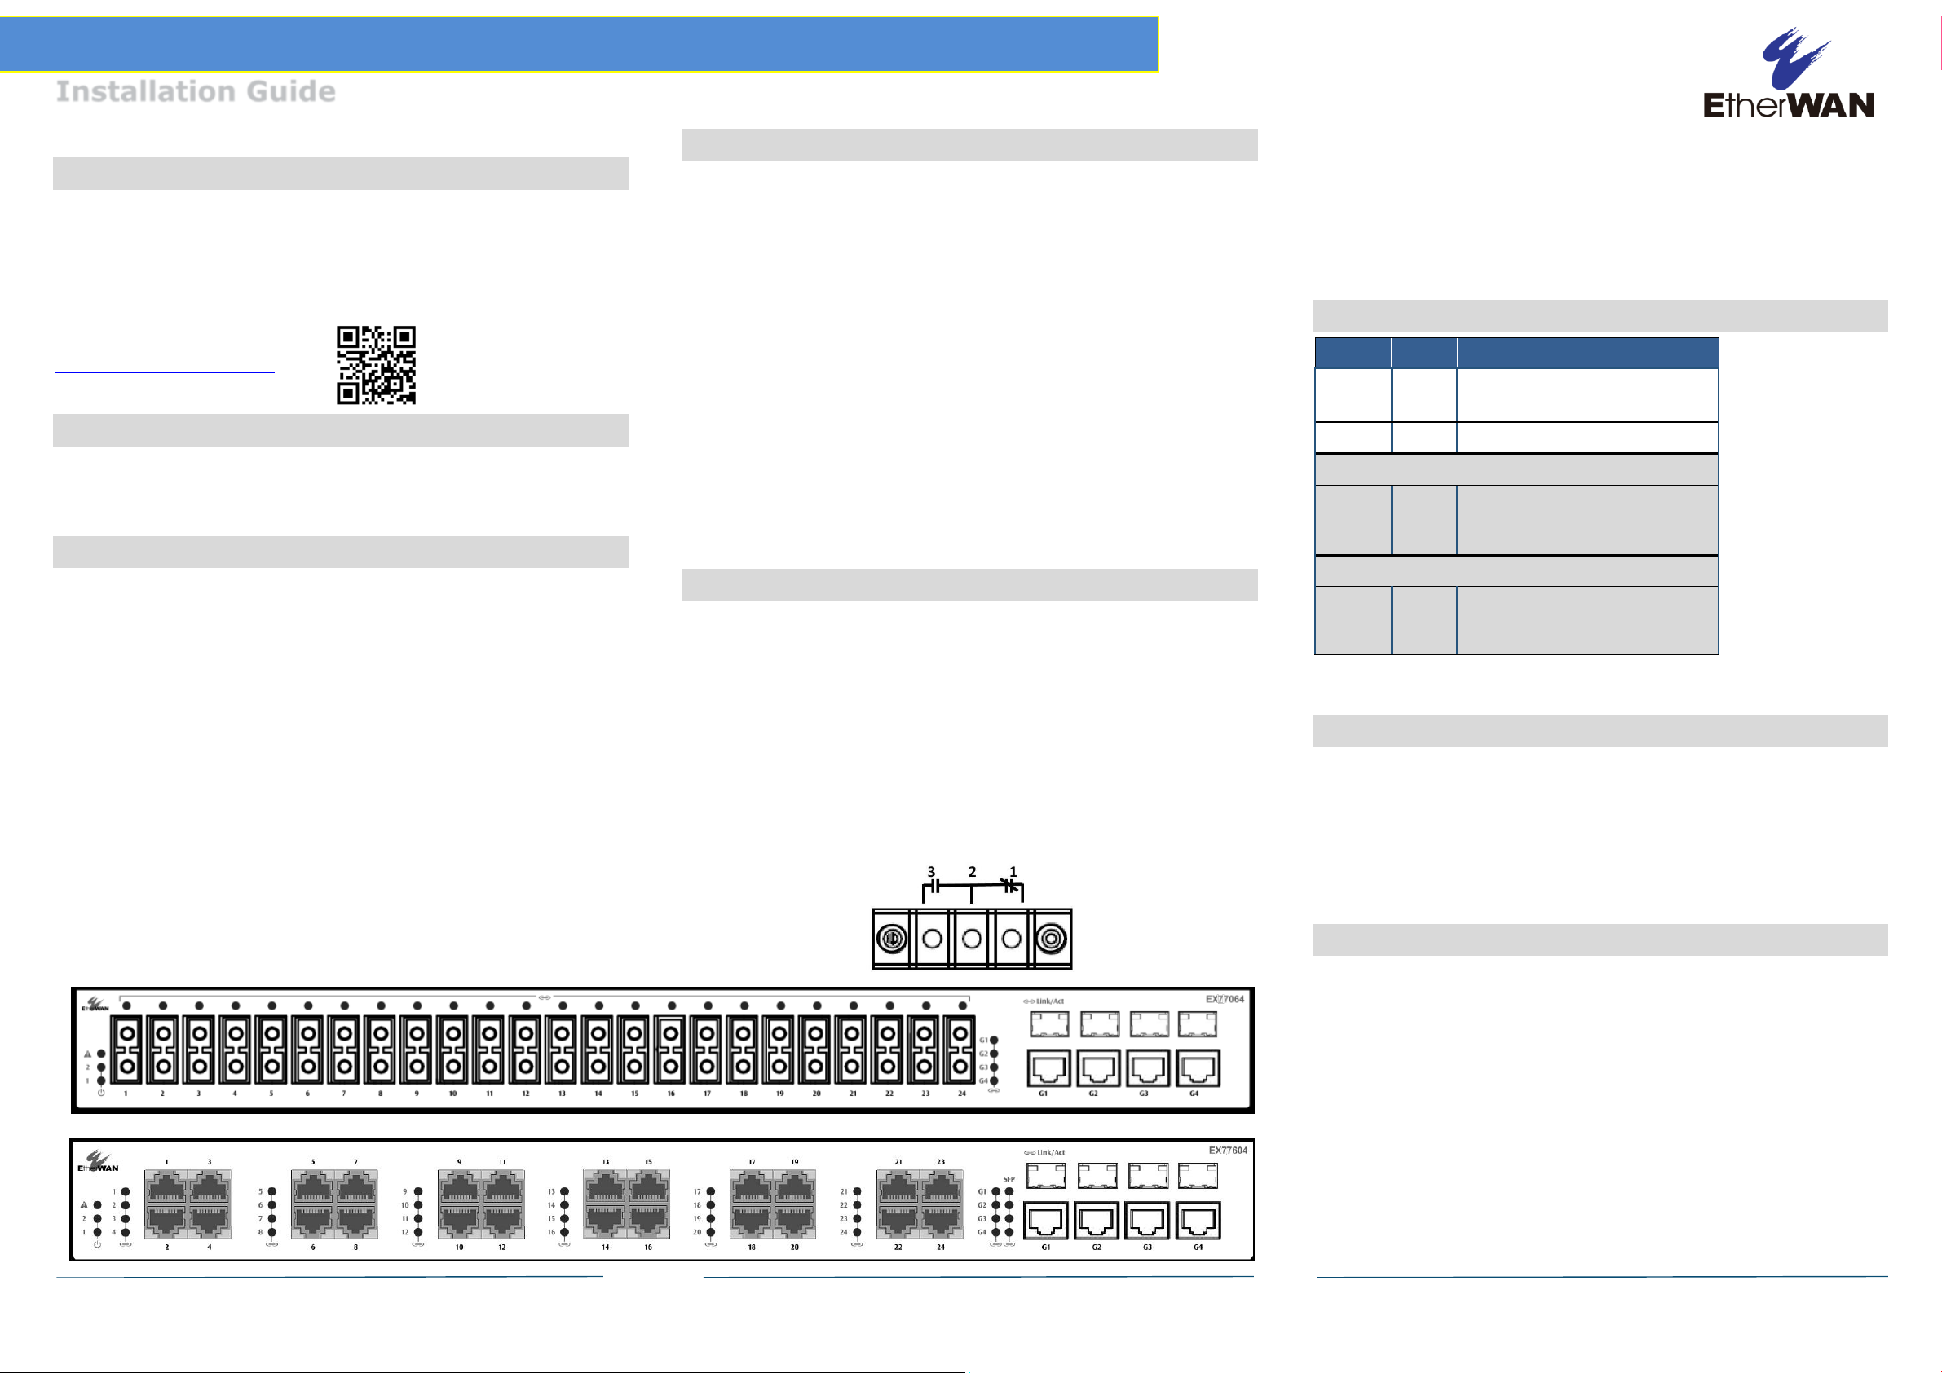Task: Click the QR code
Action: point(376,364)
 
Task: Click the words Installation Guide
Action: point(196,91)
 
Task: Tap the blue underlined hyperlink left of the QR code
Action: point(165,370)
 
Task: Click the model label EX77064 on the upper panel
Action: point(1224,999)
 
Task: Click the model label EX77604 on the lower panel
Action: point(1227,1151)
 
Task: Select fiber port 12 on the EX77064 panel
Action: point(525,1051)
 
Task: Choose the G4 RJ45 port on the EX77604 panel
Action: point(1198,1221)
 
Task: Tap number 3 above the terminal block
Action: point(931,872)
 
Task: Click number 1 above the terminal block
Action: point(1013,872)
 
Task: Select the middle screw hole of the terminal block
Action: point(972,939)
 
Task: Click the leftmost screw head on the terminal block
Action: point(891,939)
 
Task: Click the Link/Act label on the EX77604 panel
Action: point(1044,1152)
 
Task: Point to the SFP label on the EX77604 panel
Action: point(1009,1178)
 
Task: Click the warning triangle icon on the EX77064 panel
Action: point(87,1054)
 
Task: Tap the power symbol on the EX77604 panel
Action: point(97,1244)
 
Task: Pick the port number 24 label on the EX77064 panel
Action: point(962,1094)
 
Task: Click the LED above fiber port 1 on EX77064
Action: point(127,1006)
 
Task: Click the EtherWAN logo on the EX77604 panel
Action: point(98,1162)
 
